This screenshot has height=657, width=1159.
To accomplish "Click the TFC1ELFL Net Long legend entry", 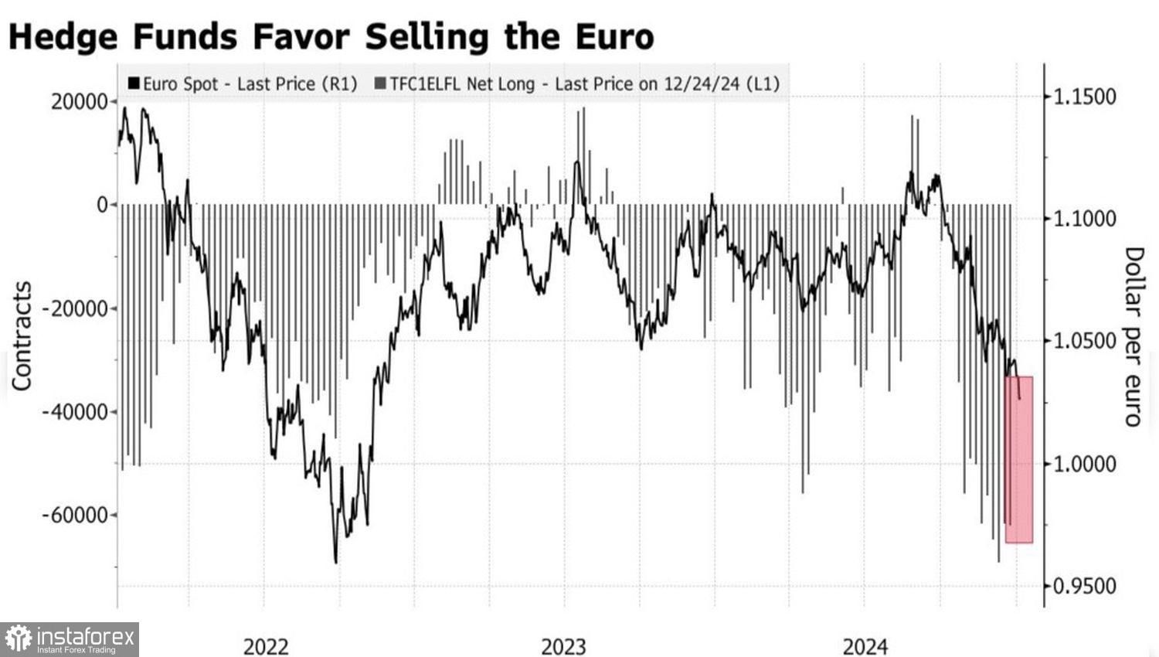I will tap(578, 83).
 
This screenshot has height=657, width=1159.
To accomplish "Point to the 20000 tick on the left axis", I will tap(80, 102).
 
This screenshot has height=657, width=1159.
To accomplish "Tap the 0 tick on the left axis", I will tap(102, 205).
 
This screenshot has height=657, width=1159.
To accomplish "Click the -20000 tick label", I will tap(75, 308).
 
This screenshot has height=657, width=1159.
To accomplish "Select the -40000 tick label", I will tap(75, 411).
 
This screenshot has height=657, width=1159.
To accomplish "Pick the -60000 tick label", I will tap(75, 515).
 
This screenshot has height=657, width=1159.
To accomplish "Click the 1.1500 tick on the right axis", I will tap(1085, 97).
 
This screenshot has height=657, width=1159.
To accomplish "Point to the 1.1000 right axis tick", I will tap(1085, 219).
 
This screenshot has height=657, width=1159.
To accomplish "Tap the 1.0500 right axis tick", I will tap(1085, 341).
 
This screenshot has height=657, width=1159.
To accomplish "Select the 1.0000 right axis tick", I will tap(1085, 464).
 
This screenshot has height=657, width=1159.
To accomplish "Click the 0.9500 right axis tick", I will tap(1085, 586).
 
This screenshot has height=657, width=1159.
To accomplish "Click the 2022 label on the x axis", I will tap(266, 646).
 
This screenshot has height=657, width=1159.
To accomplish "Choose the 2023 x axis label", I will tap(563, 646).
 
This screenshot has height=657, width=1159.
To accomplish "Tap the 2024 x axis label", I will tap(865, 646).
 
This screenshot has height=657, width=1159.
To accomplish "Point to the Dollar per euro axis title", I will tap(1133, 336).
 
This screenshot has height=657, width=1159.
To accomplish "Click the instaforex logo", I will tap(70, 639).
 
